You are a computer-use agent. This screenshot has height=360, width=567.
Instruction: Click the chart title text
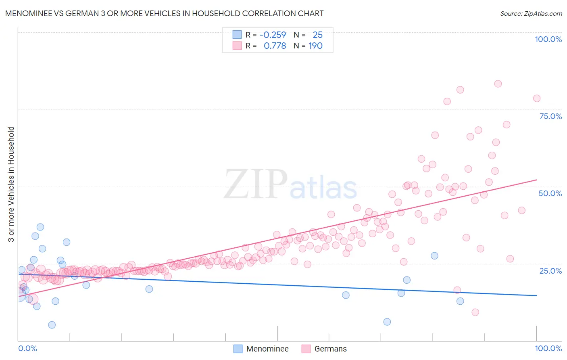[164, 14]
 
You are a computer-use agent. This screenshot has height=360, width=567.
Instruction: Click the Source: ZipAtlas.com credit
[531, 14]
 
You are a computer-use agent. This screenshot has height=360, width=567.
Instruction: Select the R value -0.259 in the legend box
[273, 35]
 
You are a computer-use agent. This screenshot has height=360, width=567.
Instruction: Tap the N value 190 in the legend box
[315, 46]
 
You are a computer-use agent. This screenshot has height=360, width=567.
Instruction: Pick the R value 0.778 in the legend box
[275, 46]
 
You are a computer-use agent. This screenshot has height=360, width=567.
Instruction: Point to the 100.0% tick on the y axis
[548, 39]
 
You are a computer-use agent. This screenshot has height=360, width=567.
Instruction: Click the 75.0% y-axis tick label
[550, 116]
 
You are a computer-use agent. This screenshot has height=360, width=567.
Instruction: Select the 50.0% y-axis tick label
[550, 193]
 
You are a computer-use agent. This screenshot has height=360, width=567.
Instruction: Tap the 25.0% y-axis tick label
[550, 271]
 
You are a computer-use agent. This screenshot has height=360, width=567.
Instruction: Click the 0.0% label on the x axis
[27, 348]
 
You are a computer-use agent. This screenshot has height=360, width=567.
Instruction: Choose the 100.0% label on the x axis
[548, 348]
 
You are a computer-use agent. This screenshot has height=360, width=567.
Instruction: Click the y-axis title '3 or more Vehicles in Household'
[11, 184]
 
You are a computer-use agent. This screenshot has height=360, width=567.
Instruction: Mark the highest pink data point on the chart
[498, 84]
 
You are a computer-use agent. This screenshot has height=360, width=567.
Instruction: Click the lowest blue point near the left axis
[52, 325]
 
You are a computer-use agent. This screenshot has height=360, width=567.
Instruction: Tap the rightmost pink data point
[536, 98]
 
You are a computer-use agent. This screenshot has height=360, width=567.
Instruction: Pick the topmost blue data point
[40, 227]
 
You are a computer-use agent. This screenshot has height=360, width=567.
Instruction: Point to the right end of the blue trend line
[536, 296]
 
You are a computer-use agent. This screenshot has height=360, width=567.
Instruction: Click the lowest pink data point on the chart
[475, 312]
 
